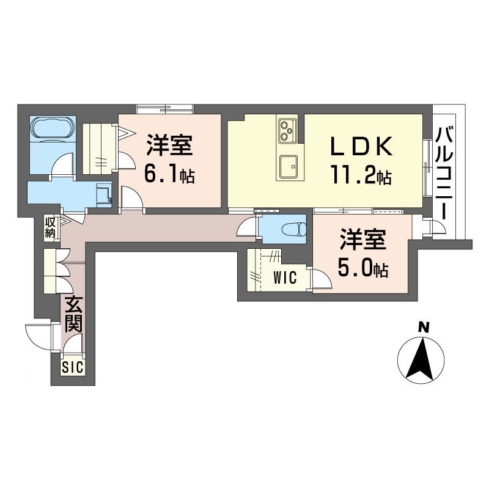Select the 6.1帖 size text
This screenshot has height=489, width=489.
pyautogui.click(x=169, y=175)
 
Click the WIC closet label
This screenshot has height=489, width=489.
pyautogui.click(x=285, y=279)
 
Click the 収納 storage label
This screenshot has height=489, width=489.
pyautogui.click(x=50, y=227)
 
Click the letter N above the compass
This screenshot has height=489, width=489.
pyautogui.click(x=422, y=328)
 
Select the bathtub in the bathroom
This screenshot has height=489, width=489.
pyautogui.click(x=53, y=129)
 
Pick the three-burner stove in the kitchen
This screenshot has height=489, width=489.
pyautogui.click(x=287, y=128)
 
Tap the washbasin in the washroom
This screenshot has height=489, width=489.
pyautogui.click(x=105, y=195)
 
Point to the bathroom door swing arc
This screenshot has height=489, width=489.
pyautogui.click(x=62, y=166)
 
